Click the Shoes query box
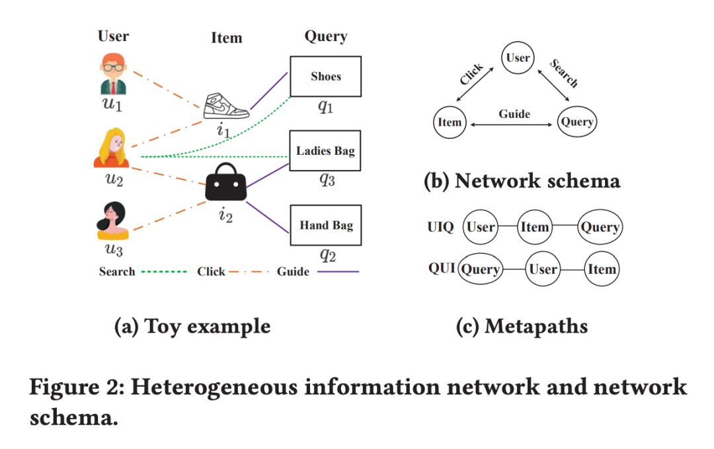325,77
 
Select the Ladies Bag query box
325,151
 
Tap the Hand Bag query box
325,225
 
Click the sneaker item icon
226,106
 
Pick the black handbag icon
226,182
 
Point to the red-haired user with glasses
113,74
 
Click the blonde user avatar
112,147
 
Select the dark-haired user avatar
112,221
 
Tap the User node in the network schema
518,58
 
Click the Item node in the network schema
450,122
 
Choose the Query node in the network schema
577,122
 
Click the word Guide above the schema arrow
514,114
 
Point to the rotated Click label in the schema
471,74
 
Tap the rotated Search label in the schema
564,73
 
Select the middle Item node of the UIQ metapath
535,227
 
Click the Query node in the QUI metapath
481,269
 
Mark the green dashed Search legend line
164,272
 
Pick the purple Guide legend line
338,272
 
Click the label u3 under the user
114,249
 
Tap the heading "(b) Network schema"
522,181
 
